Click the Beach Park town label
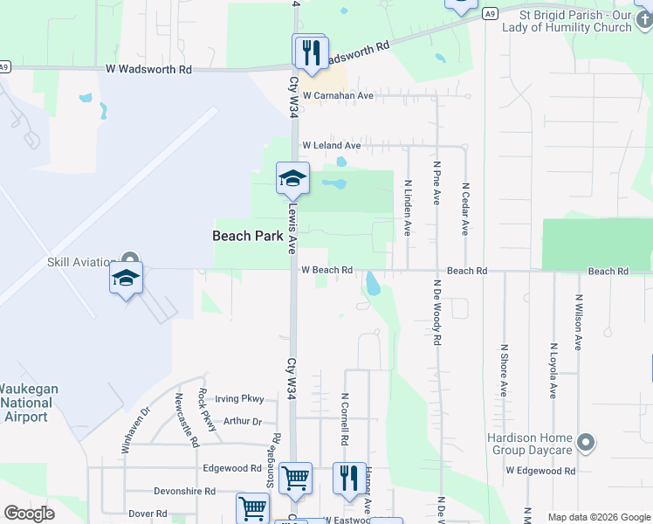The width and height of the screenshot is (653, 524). point(247,236)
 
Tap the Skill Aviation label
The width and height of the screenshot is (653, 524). point(82,261)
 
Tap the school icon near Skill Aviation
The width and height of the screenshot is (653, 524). point(127,279)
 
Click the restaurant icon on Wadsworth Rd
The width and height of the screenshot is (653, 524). point(311,52)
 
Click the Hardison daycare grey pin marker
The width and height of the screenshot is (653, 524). point(587,444)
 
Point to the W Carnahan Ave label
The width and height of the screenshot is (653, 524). point(338,96)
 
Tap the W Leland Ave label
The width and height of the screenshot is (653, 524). point(331,146)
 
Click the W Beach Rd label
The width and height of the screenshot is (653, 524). point(326,271)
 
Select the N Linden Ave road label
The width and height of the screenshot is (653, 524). point(407,208)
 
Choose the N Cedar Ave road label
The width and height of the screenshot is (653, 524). point(466,208)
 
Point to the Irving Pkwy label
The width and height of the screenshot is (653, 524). point(239,399)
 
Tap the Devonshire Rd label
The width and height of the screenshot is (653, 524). point(184,492)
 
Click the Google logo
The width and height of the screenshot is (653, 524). point(29,514)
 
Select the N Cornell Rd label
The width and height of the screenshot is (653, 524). point(346,417)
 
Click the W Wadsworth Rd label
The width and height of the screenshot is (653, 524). point(148,68)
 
